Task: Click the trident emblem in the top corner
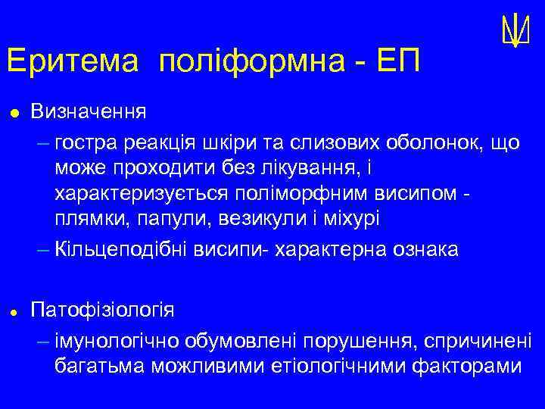click(514, 30)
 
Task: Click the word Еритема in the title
click(72, 61)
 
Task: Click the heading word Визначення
click(89, 112)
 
